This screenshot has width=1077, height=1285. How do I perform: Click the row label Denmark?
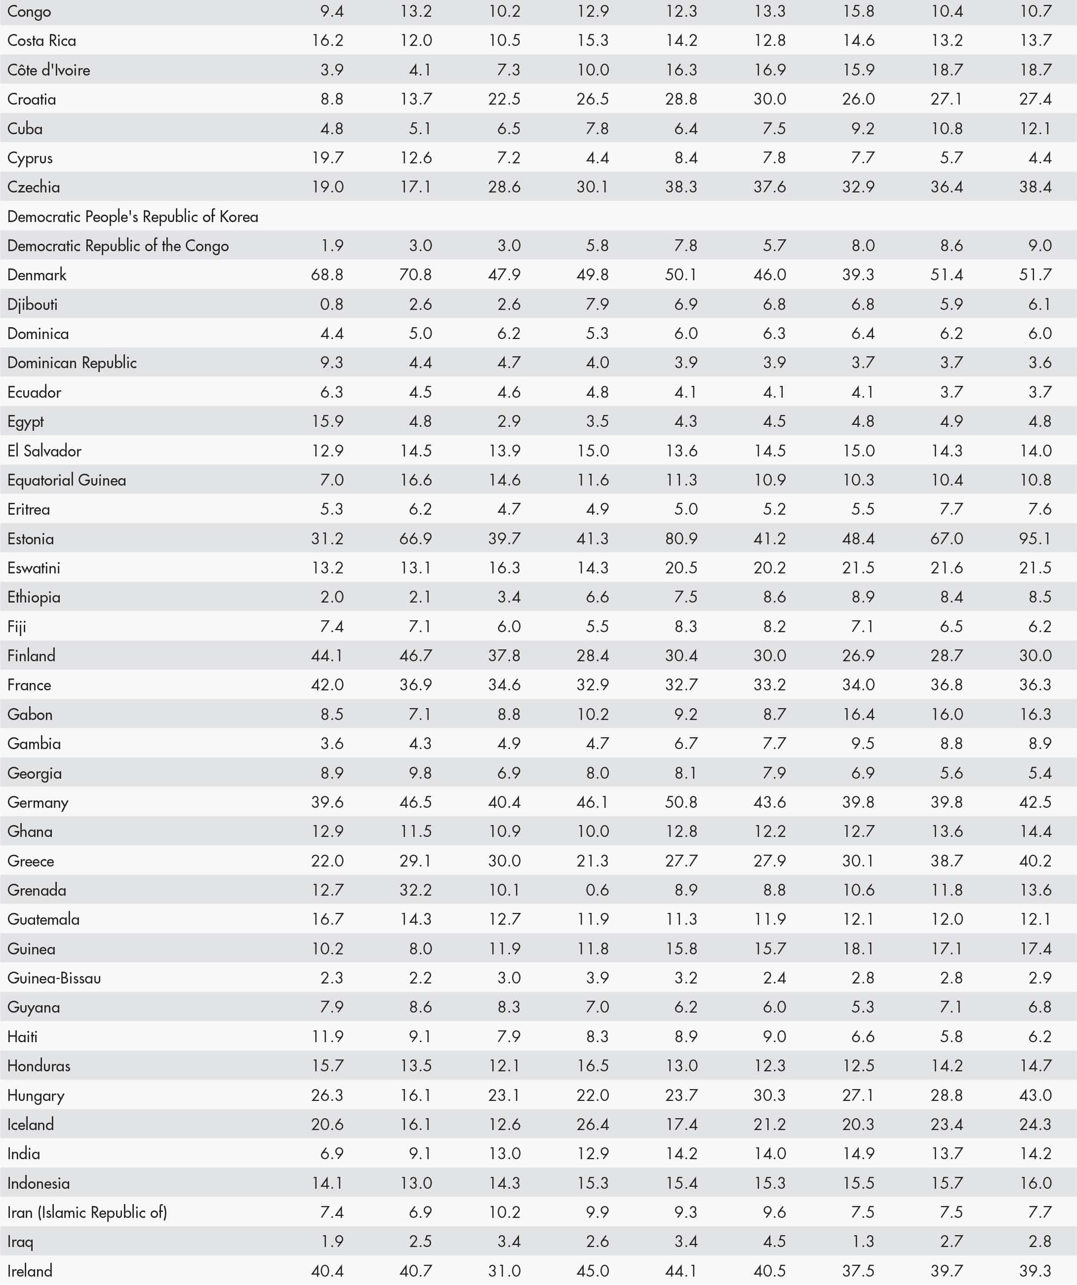tap(37, 275)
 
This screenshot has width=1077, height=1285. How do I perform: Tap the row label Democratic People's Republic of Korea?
tap(133, 217)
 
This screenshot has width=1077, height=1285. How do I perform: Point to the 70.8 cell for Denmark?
tap(415, 275)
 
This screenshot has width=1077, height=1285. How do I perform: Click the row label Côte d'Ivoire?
tap(48, 70)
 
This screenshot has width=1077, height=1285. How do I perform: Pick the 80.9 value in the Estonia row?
tap(681, 538)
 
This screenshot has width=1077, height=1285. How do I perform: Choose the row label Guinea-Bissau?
tap(54, 978)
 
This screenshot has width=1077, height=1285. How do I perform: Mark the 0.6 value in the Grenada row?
tap(597, 890)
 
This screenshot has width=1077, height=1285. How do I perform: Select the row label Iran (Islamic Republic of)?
tap(87, 1212)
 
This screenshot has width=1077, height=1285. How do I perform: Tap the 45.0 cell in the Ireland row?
tap(592, 1271)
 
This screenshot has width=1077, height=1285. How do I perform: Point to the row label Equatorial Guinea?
tap(67, 480)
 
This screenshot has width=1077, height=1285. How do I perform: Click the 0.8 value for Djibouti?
tap(331, 304)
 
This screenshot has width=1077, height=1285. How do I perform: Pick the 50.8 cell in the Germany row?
tap(681, 802)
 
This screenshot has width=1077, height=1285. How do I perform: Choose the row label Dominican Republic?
tap(72, 363)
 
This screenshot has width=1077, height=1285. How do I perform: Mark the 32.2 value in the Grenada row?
tap(415, 890)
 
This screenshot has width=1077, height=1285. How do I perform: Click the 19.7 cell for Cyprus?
tap(327, 158)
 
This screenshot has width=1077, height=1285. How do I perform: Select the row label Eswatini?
tap(34, 568)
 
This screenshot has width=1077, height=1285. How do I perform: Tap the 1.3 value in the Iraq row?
tap(862, 1242)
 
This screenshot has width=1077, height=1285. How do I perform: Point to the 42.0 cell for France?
tap(327, 685)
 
